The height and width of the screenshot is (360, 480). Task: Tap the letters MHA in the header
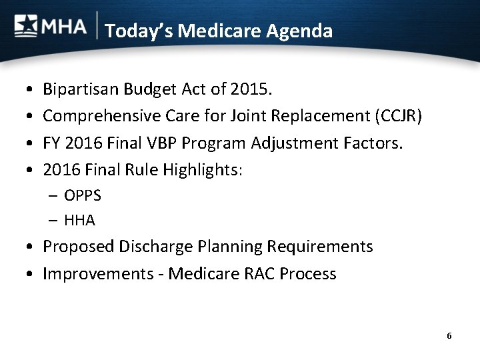coord(64,27)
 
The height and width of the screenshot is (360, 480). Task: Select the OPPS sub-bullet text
coord(83,195)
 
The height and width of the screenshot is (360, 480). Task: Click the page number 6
coord(449,336)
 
